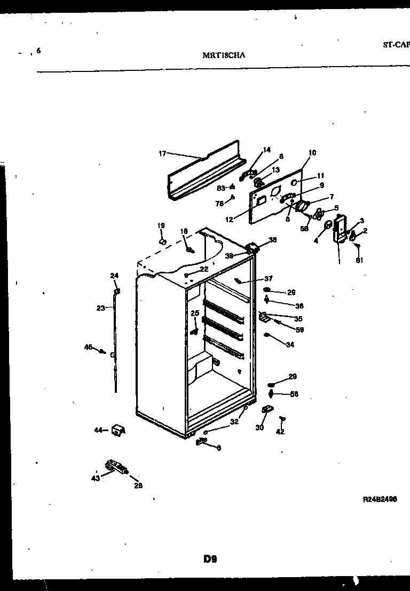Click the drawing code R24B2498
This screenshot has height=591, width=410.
380,500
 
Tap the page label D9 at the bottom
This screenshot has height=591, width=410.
209,559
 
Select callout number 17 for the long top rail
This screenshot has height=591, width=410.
163,153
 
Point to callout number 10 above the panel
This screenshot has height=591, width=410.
312,153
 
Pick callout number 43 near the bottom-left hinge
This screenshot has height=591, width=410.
96,477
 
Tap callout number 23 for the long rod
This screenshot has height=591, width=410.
101,307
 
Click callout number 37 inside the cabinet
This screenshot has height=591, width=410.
268,279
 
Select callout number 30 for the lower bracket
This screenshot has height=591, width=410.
260,427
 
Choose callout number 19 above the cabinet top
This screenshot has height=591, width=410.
161,225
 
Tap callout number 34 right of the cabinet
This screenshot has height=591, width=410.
290,345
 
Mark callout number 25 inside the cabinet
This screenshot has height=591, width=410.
194,313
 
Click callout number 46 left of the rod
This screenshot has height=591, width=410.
88,347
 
